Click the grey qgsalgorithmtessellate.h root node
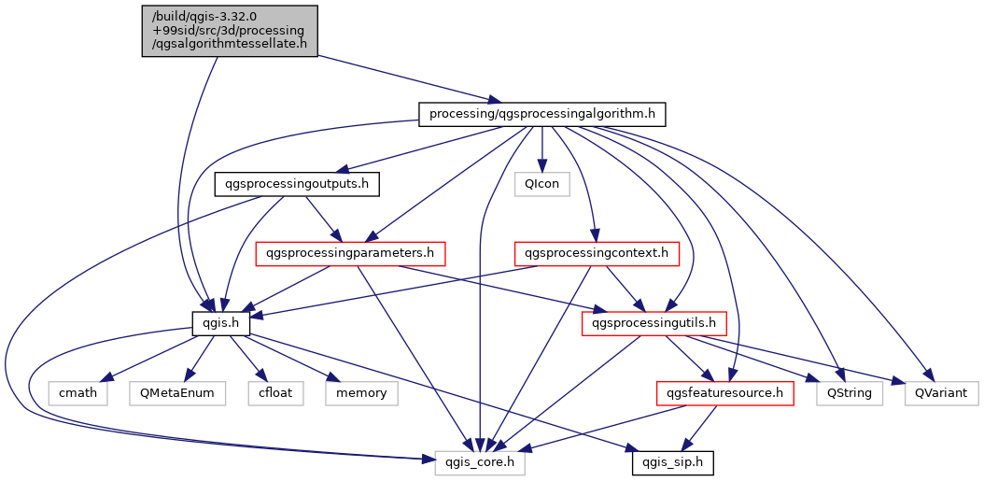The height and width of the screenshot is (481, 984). coord(230,31)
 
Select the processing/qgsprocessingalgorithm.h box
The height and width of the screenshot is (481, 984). coord(541,115)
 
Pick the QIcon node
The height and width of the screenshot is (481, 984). coord(541,184)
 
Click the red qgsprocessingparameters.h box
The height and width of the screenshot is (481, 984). coord(350,253)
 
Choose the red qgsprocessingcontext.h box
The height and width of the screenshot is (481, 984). coord(597,253)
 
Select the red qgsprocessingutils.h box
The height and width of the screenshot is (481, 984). coord(654,323)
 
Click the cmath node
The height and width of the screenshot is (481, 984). coord(78,392)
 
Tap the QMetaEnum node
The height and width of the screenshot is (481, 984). coord(177,392)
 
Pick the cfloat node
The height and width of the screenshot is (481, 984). coord(275,392)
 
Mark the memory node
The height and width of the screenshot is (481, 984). coord(361,392)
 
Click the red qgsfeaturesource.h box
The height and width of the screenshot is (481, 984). coord(725,392)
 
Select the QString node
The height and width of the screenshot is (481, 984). coord(849,392)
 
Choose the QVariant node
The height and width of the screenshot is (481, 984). coord(941,392)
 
